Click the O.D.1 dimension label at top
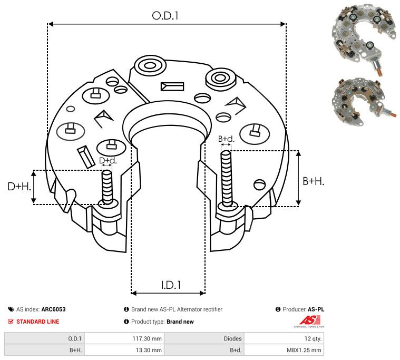coord(165,16)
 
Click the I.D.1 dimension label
coord(171,285)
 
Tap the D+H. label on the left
coord(19,186)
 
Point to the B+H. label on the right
coord(314,181)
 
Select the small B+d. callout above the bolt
coord(226,139)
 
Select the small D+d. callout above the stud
coord(108,160)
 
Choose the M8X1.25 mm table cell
coord(306,350)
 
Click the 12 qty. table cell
coord(311,338)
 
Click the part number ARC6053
coord(54,309)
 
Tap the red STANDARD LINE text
coord(37,322)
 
